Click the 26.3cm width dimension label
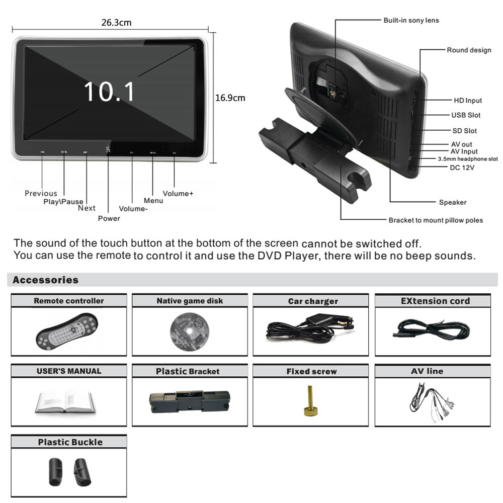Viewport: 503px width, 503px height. coord(116,23)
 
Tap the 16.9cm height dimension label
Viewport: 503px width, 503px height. coord(230,98)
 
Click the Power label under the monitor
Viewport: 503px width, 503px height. coord(109,218)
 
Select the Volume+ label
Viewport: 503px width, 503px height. coord(178,193)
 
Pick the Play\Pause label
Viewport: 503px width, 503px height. coord(63,202)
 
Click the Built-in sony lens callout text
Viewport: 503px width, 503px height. coord(411,20)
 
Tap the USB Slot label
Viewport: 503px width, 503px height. coord(465,115)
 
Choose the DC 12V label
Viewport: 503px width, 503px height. coord(462,167)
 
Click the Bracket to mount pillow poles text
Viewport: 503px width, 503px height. coord(436,220)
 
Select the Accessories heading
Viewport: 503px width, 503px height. coord(46,280)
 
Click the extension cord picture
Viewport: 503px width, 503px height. coord(432,330)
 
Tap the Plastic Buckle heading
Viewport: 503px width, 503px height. coord(70,442)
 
